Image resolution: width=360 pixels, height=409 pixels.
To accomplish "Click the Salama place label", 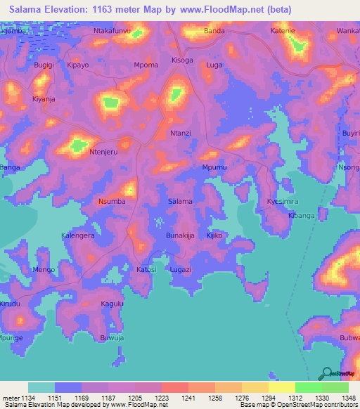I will tap(180, 202).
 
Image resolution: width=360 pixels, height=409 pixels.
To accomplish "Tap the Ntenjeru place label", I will tap(102, 151).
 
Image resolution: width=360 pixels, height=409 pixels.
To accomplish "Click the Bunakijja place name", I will tap(179, 235).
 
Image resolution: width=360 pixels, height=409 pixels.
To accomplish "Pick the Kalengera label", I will tap(77, 235).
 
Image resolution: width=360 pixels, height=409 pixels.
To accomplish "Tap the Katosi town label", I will tap(146, 269).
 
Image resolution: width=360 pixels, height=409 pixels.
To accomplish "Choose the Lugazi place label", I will tap(180, 269).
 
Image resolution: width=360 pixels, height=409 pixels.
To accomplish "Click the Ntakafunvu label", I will tap(111, 32).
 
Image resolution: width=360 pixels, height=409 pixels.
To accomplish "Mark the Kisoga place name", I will tap(182, 60).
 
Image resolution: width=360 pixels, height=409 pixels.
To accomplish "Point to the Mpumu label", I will tap(214, 168).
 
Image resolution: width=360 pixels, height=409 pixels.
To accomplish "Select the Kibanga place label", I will tap(301, 216).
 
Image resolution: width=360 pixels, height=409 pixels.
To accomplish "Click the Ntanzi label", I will tap(181, 134).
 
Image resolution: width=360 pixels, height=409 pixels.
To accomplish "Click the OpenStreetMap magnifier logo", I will tap(326, 374).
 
